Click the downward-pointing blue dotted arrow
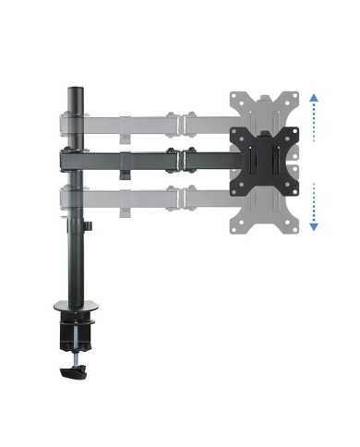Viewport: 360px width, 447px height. tap(314, 207)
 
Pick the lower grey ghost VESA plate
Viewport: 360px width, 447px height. tap(268, 211)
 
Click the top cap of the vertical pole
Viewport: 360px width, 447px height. tap(74, 92)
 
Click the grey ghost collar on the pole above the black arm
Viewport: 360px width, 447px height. tap(72, 123)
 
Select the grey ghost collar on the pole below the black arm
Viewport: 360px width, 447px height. tap(72, 198)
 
